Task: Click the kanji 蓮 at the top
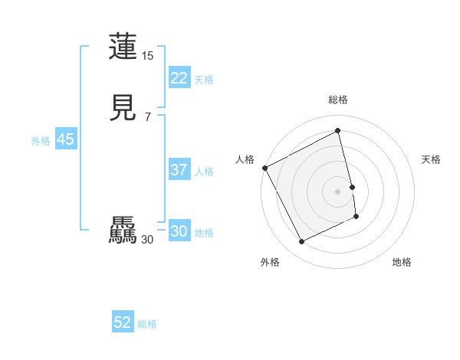pyautogui.click(x=123, y=46)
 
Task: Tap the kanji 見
pyautogui.click(x=123, y=110)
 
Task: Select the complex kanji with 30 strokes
pyautogui.click(x=123, y=231)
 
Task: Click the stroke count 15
pyautogui.click(x=148, y=56)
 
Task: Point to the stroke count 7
pyautogui.click(x=148, y=117)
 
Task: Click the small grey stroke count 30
pyautogui.click(x=148, y=240)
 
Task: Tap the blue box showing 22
pyautogui.click(x=179, y=78)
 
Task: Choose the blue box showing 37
pyautogui.click(x=179, y=170)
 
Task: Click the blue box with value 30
pyautogui.click(x=179, y=231)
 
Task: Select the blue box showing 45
pyautogui.click(x=65, y=139)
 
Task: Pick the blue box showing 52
pyautogui.click(x=123, y=322)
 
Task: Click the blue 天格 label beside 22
pyautogui.click(x=204, y=80)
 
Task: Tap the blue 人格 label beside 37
pyautogui.click(x=204, y=172)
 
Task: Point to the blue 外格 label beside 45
pyautogui.click(x=41, y=141)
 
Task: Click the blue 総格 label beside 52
pyautogui.click(x=147, y=324)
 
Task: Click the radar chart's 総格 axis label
pyautogui.click(x=338, y=100)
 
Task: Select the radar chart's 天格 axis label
pyautogui.click(x=431, y=159)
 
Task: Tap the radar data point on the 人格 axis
pyautogui.click(x=264, y=168)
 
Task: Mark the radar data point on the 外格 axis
pyautogui.click(x=302, y=242)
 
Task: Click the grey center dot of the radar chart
pyautogui.click(x=338, y=191)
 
